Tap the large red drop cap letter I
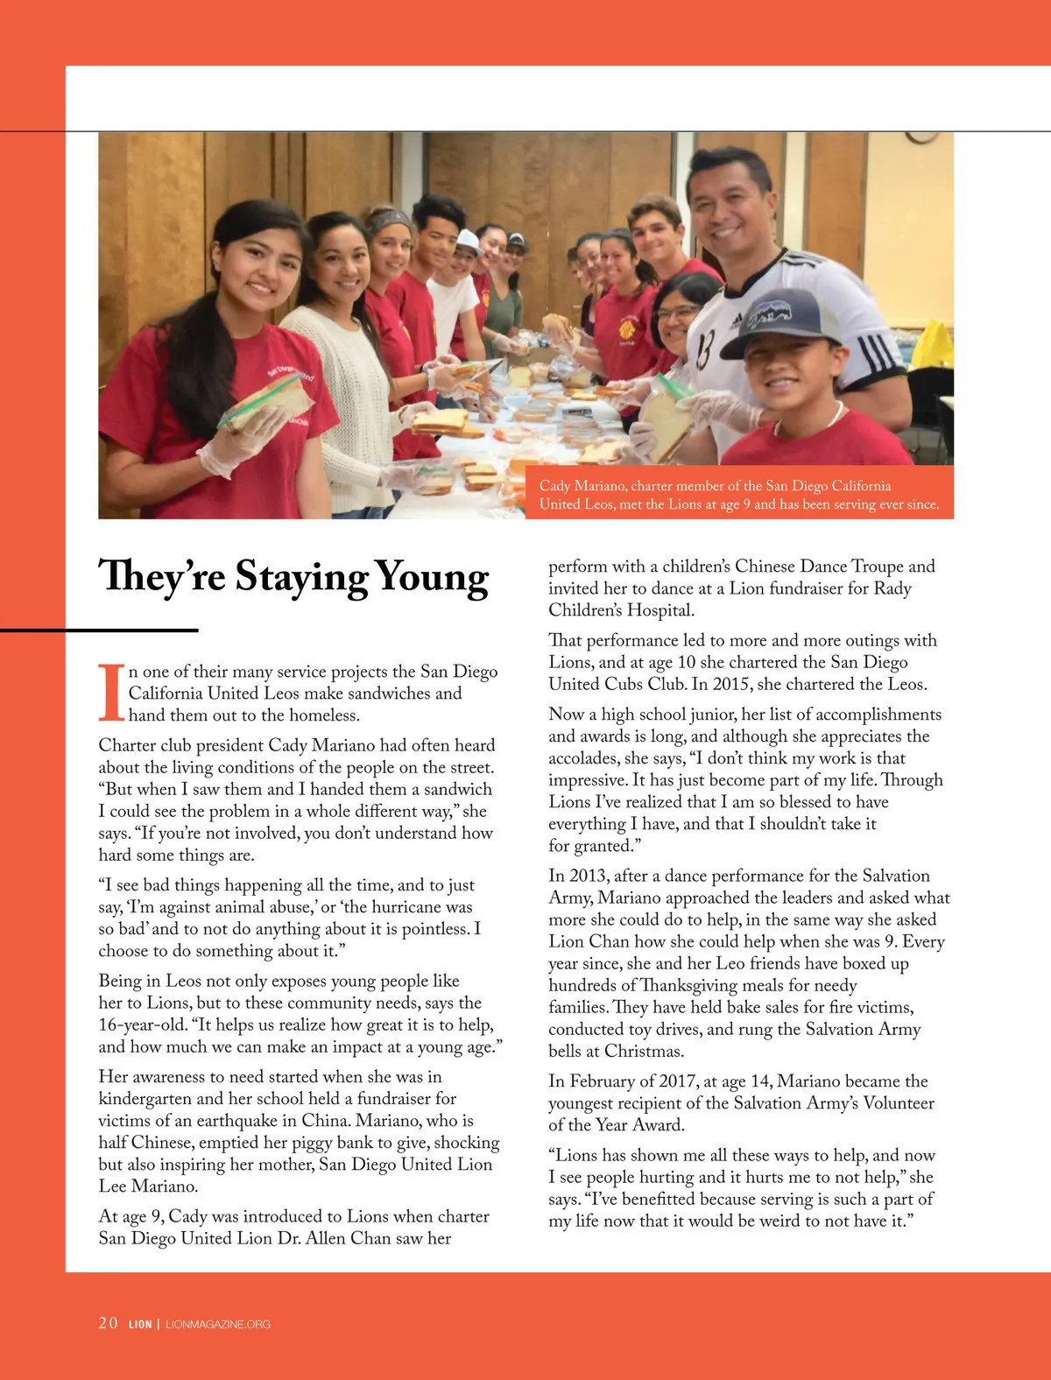110,693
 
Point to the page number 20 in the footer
108,1323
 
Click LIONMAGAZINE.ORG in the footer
218,1324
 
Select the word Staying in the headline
301,579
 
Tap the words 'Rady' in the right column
892,588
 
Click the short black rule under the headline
99,630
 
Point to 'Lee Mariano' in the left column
148,1186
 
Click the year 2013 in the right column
587,876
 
